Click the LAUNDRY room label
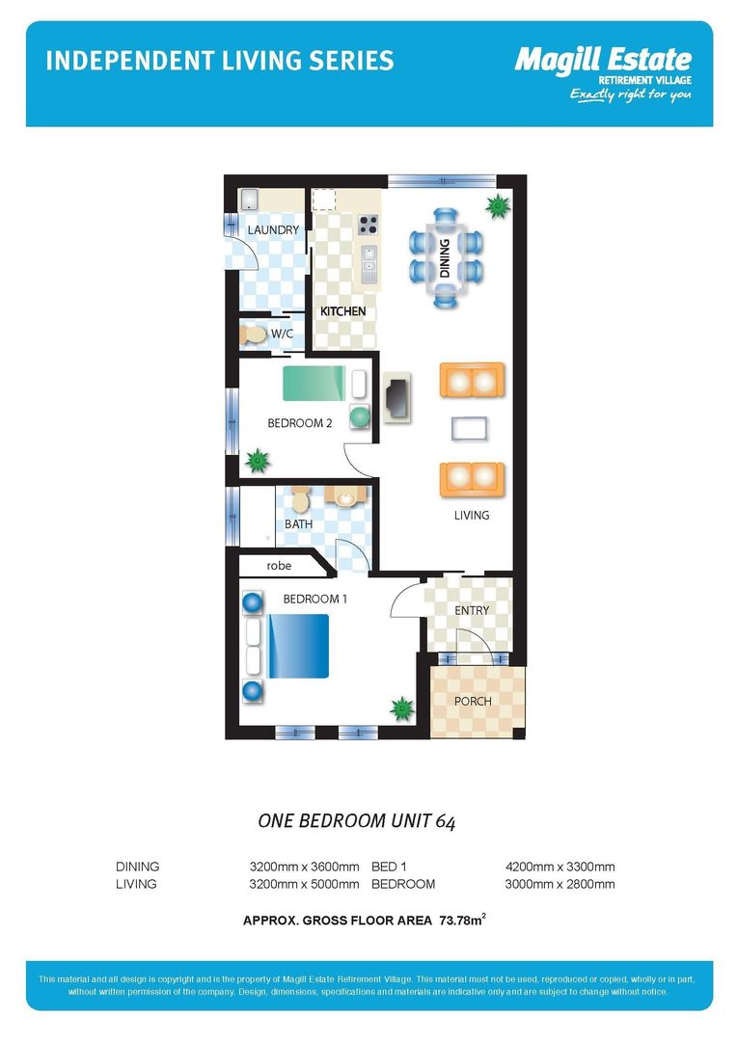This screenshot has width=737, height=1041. [273, 229]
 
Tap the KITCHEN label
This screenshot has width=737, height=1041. [342, 310]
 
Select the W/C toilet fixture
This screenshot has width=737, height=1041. [253, 334]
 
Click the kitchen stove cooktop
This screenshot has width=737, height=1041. [368, 225]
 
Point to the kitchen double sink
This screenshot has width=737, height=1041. [368, 263]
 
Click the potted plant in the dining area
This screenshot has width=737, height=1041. [497, 206]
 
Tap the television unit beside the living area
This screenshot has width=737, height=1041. [397, 398]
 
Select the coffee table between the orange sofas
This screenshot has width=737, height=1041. [469, 429]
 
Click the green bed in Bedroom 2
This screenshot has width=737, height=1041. [314, 384]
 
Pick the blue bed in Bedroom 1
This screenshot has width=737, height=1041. [298, 646]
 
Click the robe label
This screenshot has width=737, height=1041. [279, 566]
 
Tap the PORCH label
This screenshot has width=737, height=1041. [474, 701]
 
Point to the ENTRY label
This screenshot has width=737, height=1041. [472, 610]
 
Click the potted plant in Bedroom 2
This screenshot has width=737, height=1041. [258, 460]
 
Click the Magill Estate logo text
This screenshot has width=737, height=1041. [604, 60]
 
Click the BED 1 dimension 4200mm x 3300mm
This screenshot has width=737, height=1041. [560, 867]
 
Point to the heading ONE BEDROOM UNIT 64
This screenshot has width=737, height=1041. [357, 821]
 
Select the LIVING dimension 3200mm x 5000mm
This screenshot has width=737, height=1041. [305, 884]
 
